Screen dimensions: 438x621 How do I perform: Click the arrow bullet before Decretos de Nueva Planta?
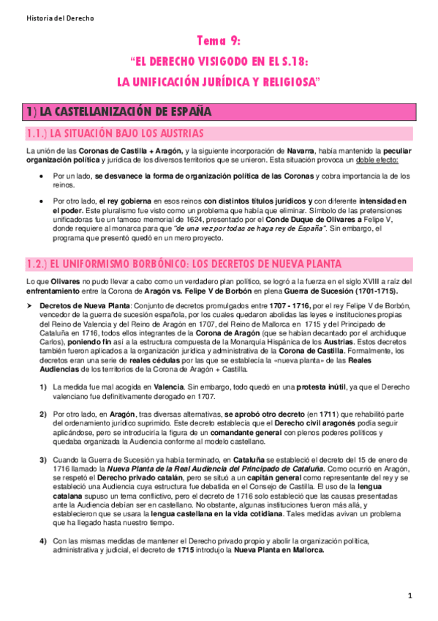click(29, 304)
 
